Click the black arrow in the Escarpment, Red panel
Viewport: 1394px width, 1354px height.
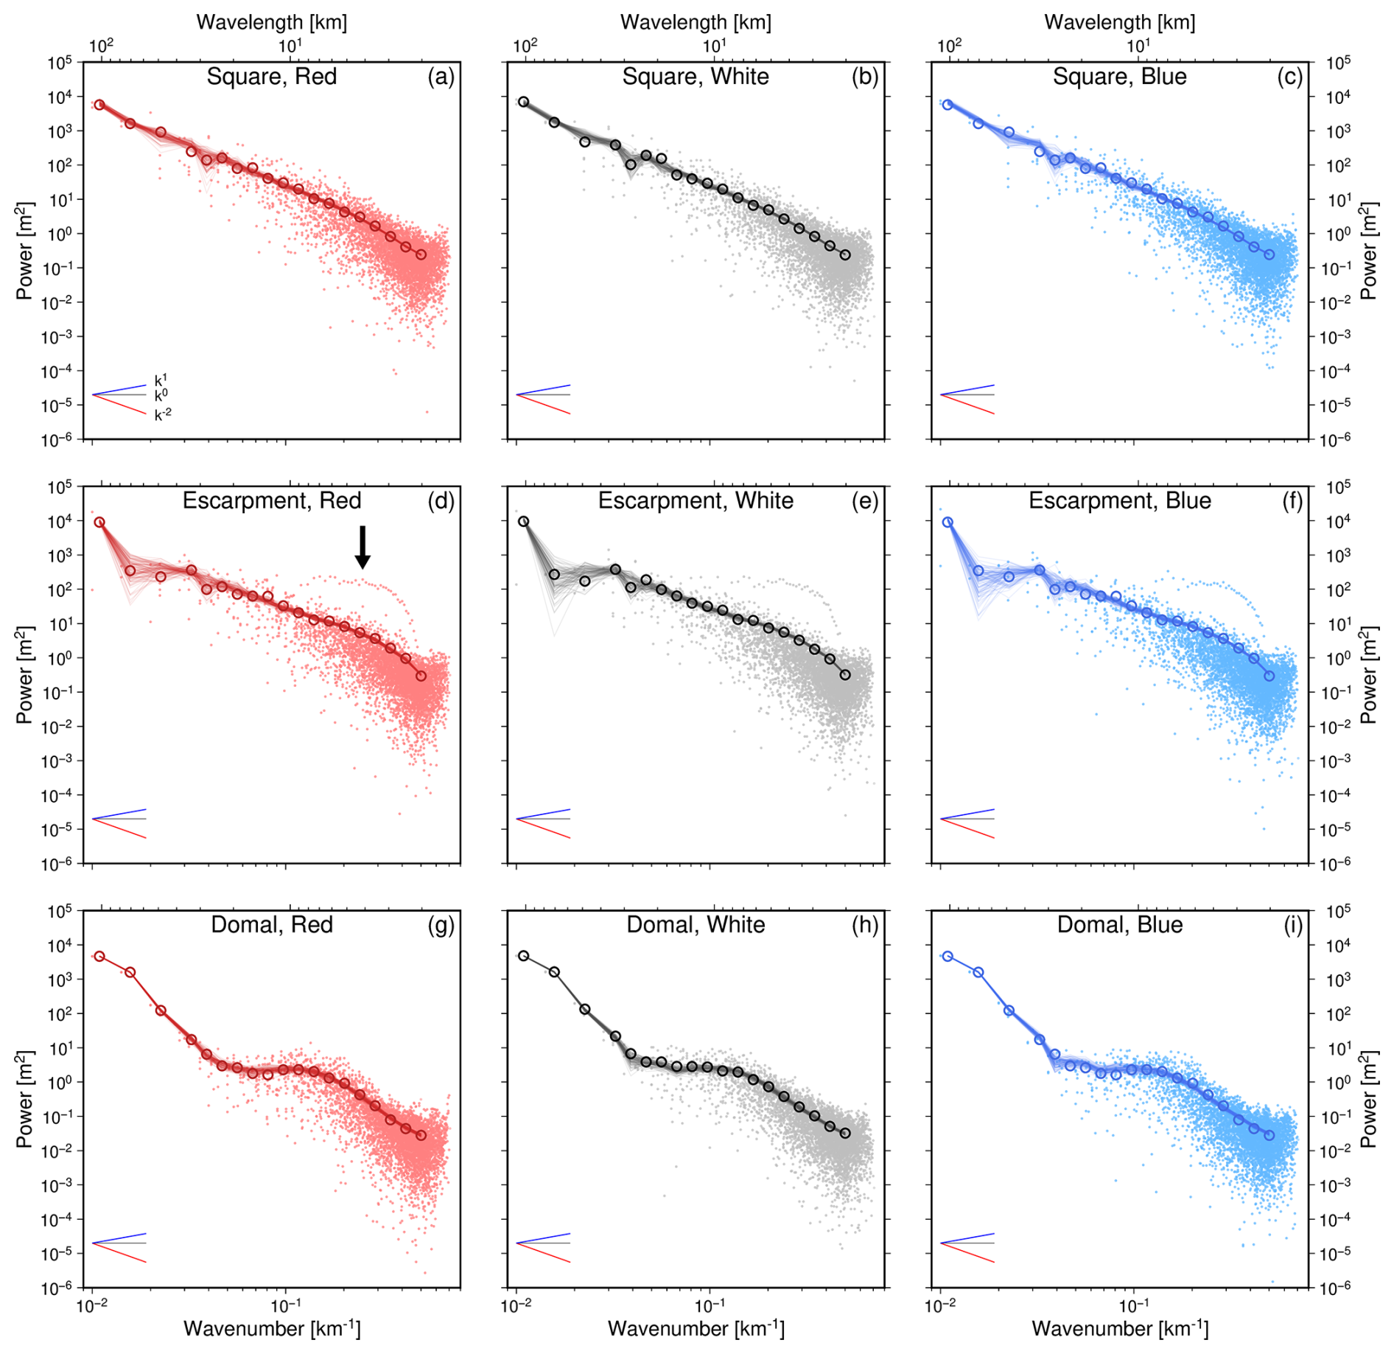pyautogui.click(x=362, y=547)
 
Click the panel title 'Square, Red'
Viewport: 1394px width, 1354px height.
pyautogui.click(x=271, y=77)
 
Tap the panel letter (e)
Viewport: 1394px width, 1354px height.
pyautogui.click(x=865, y=501)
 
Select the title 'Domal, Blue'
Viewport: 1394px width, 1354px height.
pyautogui.click(x=1119, y=925)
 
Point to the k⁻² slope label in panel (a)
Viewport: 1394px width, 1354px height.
pyautogui.click(x=163, y=415)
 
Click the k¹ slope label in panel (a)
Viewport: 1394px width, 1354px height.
pyautogui.click(x=161, y=380)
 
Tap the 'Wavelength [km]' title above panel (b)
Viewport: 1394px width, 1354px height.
pyautogui.click(x=696, y=22)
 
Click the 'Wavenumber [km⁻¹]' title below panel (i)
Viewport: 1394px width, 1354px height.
pyautogui.click(x=1119, y=1329)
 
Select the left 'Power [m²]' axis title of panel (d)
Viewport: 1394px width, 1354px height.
pyautogui.click(x=24, y=675)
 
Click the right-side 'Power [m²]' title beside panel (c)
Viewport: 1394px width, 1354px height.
pyautogui.click(x=1368, y=251)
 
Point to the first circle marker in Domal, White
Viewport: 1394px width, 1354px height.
pyautogui.click(x=524, y=956)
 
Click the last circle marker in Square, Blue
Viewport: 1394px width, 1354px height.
pyautogui.click(x=1269, y=255)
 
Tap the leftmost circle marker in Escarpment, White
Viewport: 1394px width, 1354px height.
pyautogui.click(x=524, y=521)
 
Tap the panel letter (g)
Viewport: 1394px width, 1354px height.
pyautogui.click(x=441, y=925)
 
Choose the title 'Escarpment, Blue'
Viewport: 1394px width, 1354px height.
pyautogui.click(x=1119, y=501)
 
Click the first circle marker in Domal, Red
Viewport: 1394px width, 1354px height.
pyautogui.click(x=99, y=956)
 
